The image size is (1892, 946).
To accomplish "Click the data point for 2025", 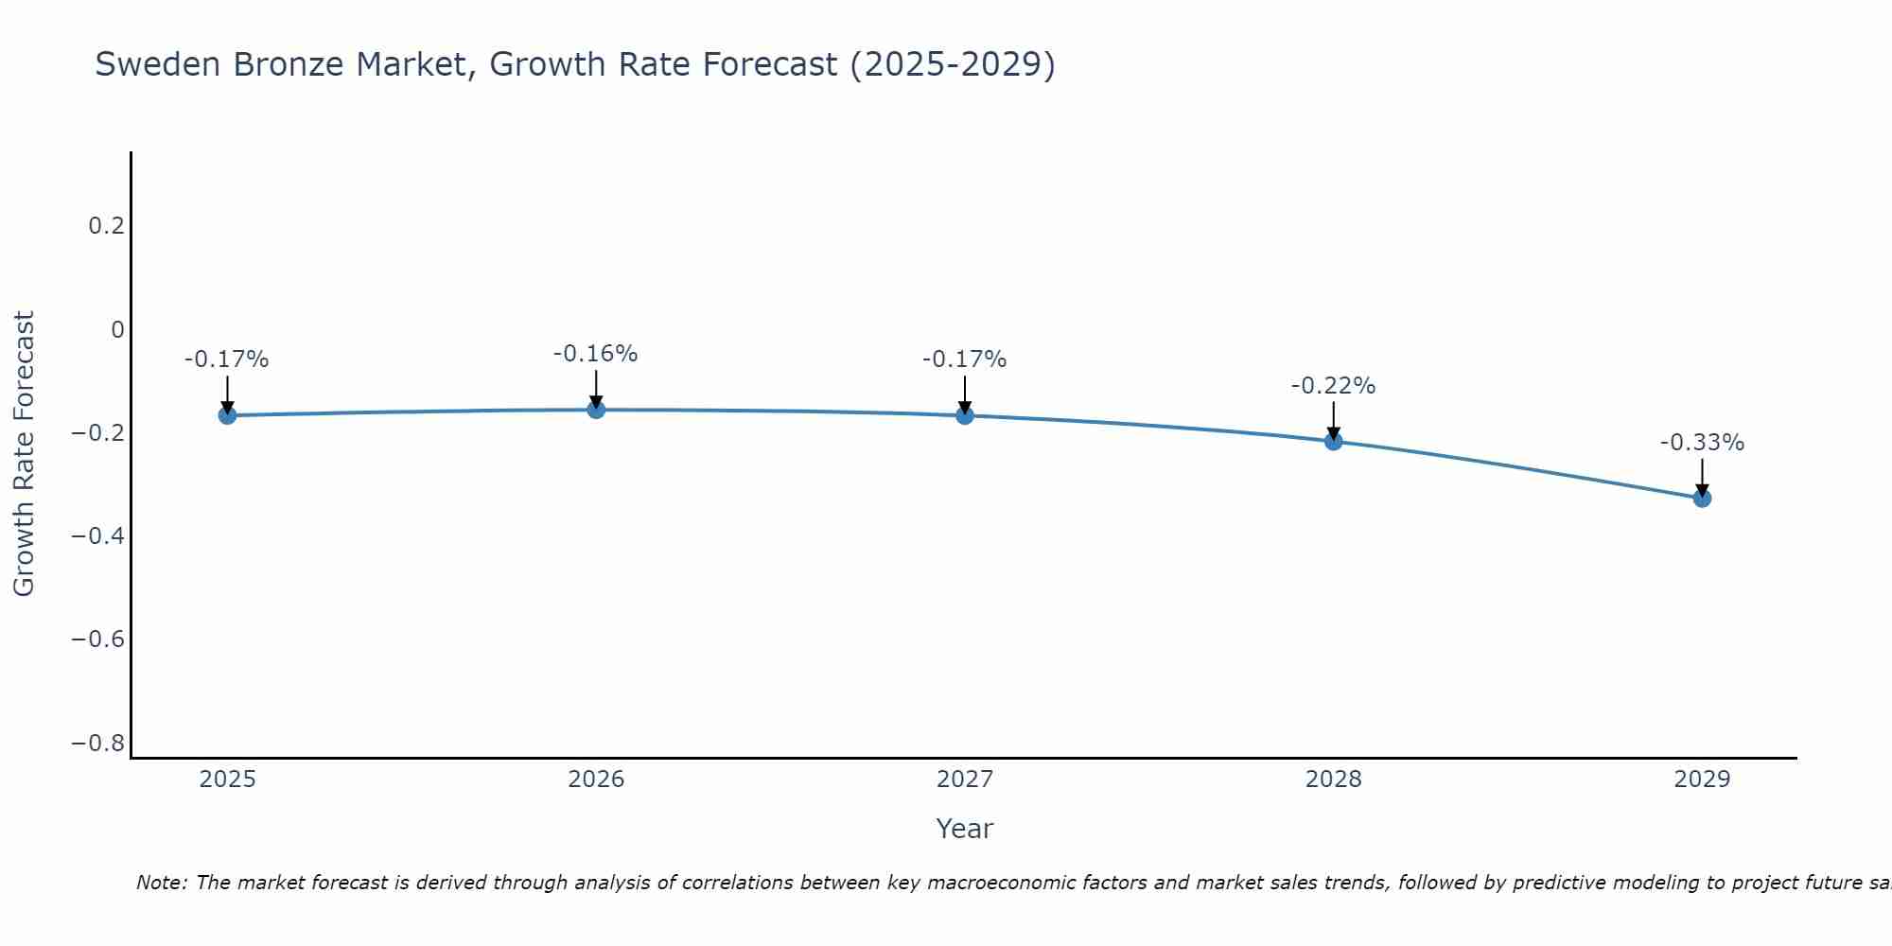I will point(227,415).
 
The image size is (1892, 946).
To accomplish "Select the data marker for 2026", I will point(596,410).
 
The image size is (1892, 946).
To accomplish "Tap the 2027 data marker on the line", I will point(965,415).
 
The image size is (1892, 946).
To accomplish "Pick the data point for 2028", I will point(1333,441).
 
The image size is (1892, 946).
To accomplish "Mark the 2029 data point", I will point(1702,498).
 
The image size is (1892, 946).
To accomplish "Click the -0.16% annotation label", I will point(595,354).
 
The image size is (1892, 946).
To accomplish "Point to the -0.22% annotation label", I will point(1333,386).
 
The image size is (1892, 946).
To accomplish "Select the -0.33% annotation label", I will point(1702,443).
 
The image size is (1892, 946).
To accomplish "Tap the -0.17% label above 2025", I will point(226,359).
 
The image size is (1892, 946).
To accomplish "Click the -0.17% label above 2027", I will point(964,359).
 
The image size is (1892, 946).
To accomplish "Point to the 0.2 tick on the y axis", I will point(106,226).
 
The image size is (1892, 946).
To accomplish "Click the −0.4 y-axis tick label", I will point(97,536).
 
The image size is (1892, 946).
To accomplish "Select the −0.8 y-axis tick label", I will point(97,744).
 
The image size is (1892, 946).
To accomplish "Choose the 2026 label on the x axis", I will point(596,780).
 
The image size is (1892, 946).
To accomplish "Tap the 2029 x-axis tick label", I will point(1702,780).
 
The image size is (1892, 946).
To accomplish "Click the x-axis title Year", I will point(964,829).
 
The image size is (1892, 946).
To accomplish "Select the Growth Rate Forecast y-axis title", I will point(24,454).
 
